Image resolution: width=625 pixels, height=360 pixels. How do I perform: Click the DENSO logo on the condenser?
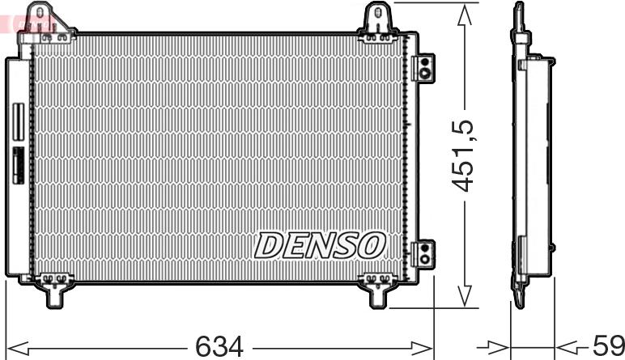[321, 245]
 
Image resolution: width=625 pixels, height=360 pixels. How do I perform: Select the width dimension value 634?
[219, 346]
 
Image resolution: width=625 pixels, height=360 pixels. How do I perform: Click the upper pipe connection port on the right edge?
[423, 66]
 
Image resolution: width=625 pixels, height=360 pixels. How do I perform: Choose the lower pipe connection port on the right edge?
[423, 252]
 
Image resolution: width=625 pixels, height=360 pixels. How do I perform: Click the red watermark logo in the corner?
[28, 21]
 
